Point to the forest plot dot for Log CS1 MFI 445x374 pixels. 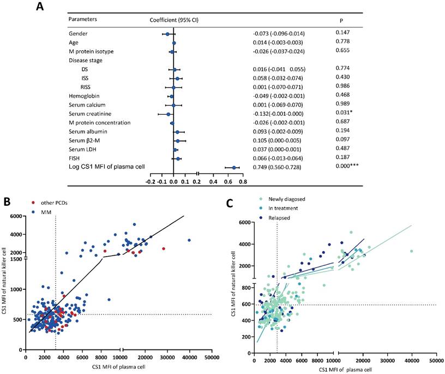(x=234, y=168)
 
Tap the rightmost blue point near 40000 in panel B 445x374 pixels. (x=189, y=240)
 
